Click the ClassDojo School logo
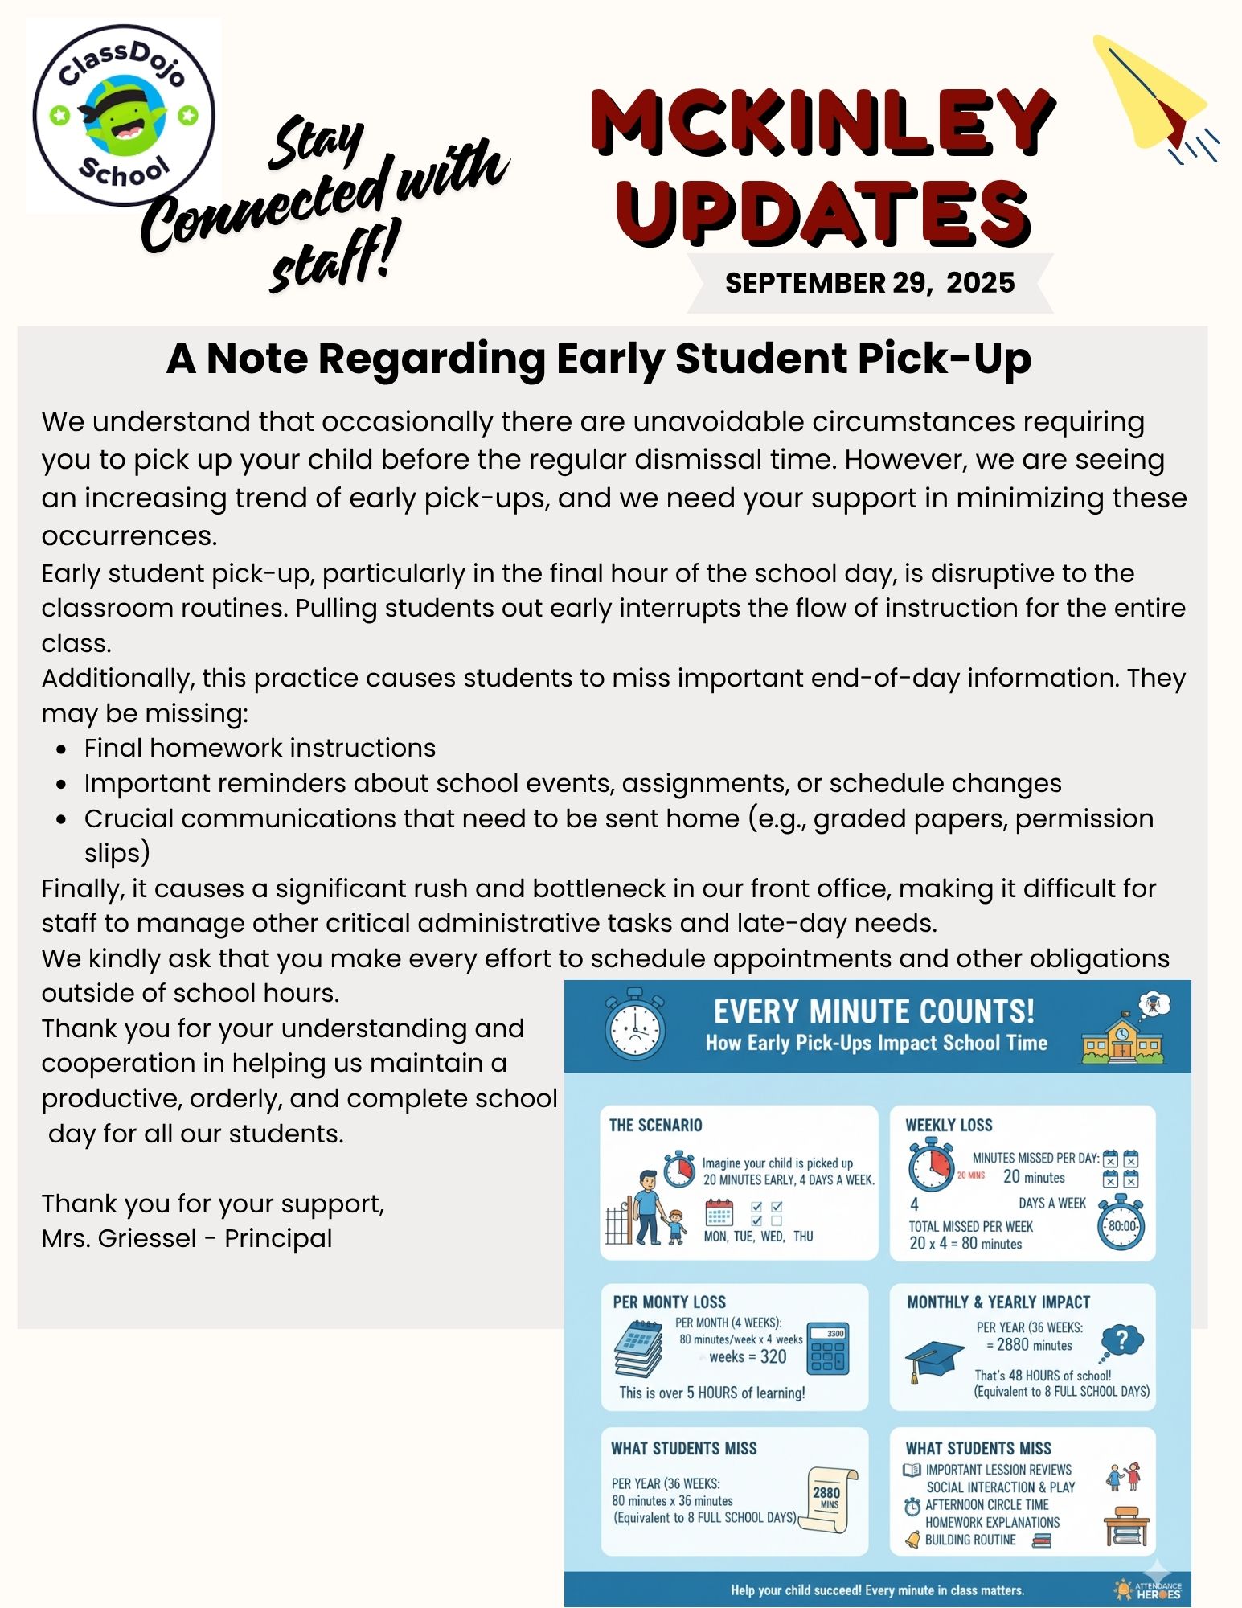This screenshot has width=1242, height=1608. (124, 115)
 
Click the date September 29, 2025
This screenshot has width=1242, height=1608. (870, 283)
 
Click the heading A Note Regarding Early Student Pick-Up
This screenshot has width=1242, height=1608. (599, 359)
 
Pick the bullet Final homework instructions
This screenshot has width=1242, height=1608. (260, 748)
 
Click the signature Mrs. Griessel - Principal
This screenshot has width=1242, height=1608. (187, 1238)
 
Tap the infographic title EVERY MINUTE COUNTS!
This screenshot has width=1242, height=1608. (874, 1011)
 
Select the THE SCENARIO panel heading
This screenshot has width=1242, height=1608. (655, 1125)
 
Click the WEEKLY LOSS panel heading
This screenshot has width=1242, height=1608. (949, 1125)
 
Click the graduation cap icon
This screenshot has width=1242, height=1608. (933, 1360)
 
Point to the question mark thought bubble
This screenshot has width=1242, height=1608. (1122, 1340)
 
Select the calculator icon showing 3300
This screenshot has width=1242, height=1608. (827, 1350)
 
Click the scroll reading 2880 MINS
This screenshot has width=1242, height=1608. (829, 1497)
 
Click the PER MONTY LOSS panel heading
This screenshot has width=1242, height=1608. (669, 1302)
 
